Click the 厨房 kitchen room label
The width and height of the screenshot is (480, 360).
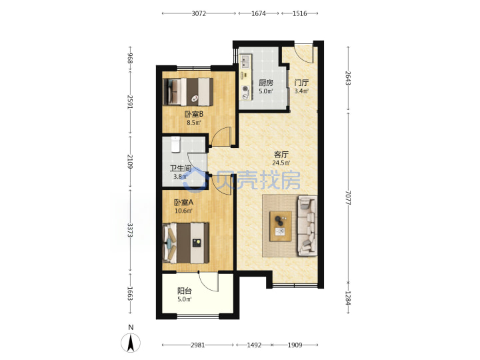click(266, 83)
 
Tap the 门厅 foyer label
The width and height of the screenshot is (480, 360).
click(301, 83)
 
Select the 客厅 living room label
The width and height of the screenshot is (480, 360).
click(281, 155)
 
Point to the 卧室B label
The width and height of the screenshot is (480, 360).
click(194, 115)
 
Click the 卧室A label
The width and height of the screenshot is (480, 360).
click(184, 203)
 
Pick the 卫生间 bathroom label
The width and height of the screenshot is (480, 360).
click(181, 169)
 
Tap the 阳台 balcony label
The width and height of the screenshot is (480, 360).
click(185, 291)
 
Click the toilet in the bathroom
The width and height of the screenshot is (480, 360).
click(175, 145)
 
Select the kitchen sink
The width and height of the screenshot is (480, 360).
click(245, 61)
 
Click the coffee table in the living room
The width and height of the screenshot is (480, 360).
click(281, 226)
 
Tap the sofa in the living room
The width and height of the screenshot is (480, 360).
click(307, 226)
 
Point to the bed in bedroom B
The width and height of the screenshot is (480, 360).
click(188, 92)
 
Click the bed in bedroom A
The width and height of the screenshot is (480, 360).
click(186, 243)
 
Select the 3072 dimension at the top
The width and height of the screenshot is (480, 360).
click(199, 13)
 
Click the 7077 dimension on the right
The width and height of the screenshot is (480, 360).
click(348, 198)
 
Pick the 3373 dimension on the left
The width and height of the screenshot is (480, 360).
click(130, 230)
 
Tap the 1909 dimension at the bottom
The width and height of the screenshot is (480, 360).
click(295, 345)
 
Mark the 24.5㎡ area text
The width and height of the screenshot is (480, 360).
click(281, 163)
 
